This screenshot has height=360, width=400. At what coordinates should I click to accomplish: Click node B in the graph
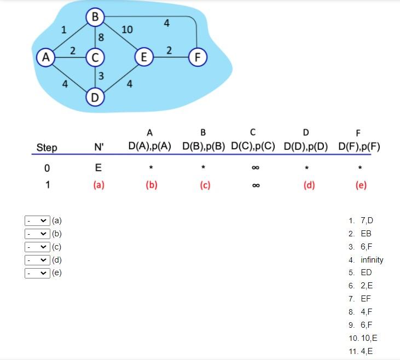[95, 17]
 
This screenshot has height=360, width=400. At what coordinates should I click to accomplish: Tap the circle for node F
[198, 56]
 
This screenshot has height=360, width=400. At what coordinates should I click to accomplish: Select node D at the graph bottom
[95, 98]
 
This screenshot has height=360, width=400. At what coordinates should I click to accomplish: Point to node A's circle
[46, 56]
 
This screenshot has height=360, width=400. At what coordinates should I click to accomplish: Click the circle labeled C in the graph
[95, 56]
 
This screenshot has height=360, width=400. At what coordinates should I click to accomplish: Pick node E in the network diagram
[143, 56]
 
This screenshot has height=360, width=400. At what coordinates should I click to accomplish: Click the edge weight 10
[127, 30]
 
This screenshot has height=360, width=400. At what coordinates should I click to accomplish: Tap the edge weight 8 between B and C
[101, 38]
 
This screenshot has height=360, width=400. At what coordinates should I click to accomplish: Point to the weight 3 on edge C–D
[102, 76]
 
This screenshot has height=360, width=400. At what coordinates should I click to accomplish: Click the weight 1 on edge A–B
[64, 30]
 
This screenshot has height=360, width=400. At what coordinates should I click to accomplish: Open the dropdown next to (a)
[37, 221]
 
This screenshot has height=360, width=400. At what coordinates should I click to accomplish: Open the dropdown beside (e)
[37, 272]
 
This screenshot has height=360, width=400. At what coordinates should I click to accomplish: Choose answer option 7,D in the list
[367, 221]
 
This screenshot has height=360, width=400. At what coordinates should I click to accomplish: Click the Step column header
[47, 147]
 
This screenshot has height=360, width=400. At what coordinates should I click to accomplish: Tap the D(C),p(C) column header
[253, 147]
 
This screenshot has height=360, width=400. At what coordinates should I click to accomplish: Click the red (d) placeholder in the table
[309, 185]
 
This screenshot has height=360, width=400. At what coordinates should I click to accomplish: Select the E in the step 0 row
[98, 167]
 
